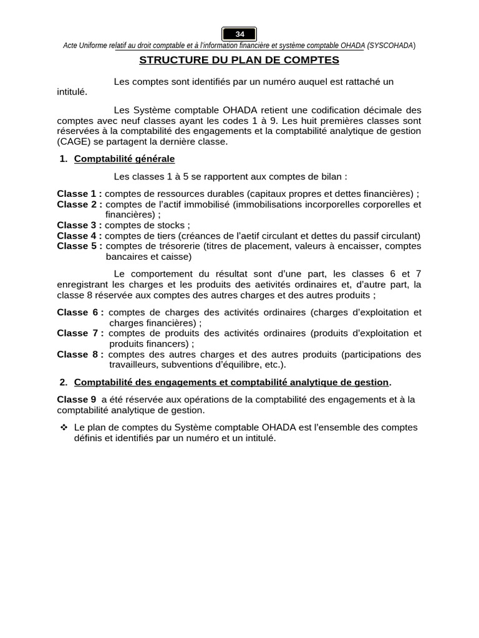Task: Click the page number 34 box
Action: pyautogui.click(x=239, y=34)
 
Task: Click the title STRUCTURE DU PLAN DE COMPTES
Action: pyautogui.click(x=239, y=60)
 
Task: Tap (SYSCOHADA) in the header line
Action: pyautogui.click(x=392, y=46)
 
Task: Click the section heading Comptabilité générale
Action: pyautogui.click(x=124, y=159)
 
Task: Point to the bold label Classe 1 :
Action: pyautogui.click(x=80, y=194)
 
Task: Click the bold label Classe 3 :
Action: pyautogui.click(x=80, y=225)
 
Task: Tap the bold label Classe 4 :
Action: pyautogui.click(x=80, y=236)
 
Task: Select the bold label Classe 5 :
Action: pyautogui.click(x=80, y=246)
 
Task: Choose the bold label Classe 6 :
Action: pyautogui.click(x=80, y=312)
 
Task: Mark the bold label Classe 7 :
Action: pyautogui.click(x=80, y=333)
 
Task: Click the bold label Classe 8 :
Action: pyautogui.click(x=80, y=355)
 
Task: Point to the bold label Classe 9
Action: pyautogui.click(x=77, y=399)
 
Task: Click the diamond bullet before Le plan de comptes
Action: pyautogui.click(x=64, y=427)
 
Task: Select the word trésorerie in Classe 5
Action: pyautogui.click(x=179, y=246)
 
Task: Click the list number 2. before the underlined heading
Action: pyautogui.click(x=64, y=382)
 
